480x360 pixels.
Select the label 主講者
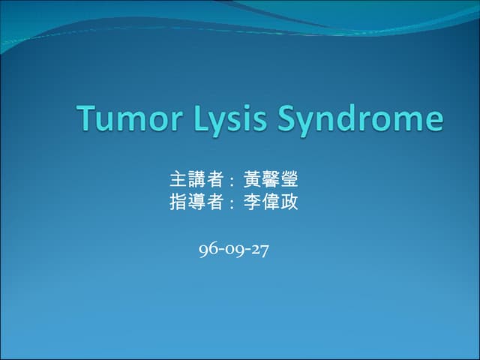196,180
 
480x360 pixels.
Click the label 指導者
196,202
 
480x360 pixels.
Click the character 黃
252,180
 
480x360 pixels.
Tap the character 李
252,202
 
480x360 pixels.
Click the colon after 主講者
232,181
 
